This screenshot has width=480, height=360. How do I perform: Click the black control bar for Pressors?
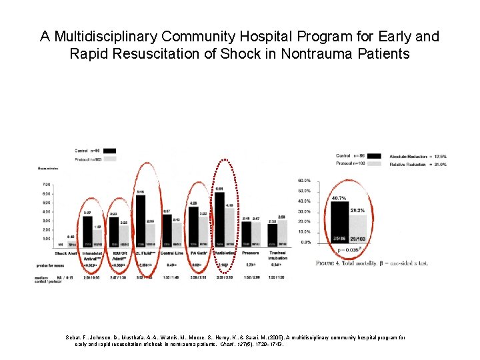coord(245,233)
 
